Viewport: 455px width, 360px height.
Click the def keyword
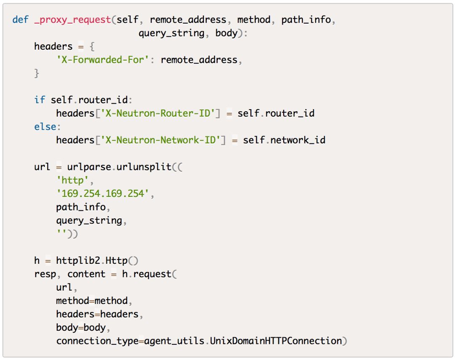coord(20,20)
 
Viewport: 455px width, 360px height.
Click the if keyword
coord(40,100)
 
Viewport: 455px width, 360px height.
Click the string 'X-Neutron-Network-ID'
coord(160,140)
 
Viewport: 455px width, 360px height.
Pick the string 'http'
coord(72,180)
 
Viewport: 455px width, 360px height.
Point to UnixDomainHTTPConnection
coord(276,341)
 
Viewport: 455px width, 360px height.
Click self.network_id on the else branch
coord(284,140)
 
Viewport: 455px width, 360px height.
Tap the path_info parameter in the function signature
coord(306,20)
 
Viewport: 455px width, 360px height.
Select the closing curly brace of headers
coord(37,73)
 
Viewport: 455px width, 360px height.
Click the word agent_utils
coord(174,341)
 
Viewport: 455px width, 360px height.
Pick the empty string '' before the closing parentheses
coord(62,234)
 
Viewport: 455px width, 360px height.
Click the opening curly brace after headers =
coord(92,46)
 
